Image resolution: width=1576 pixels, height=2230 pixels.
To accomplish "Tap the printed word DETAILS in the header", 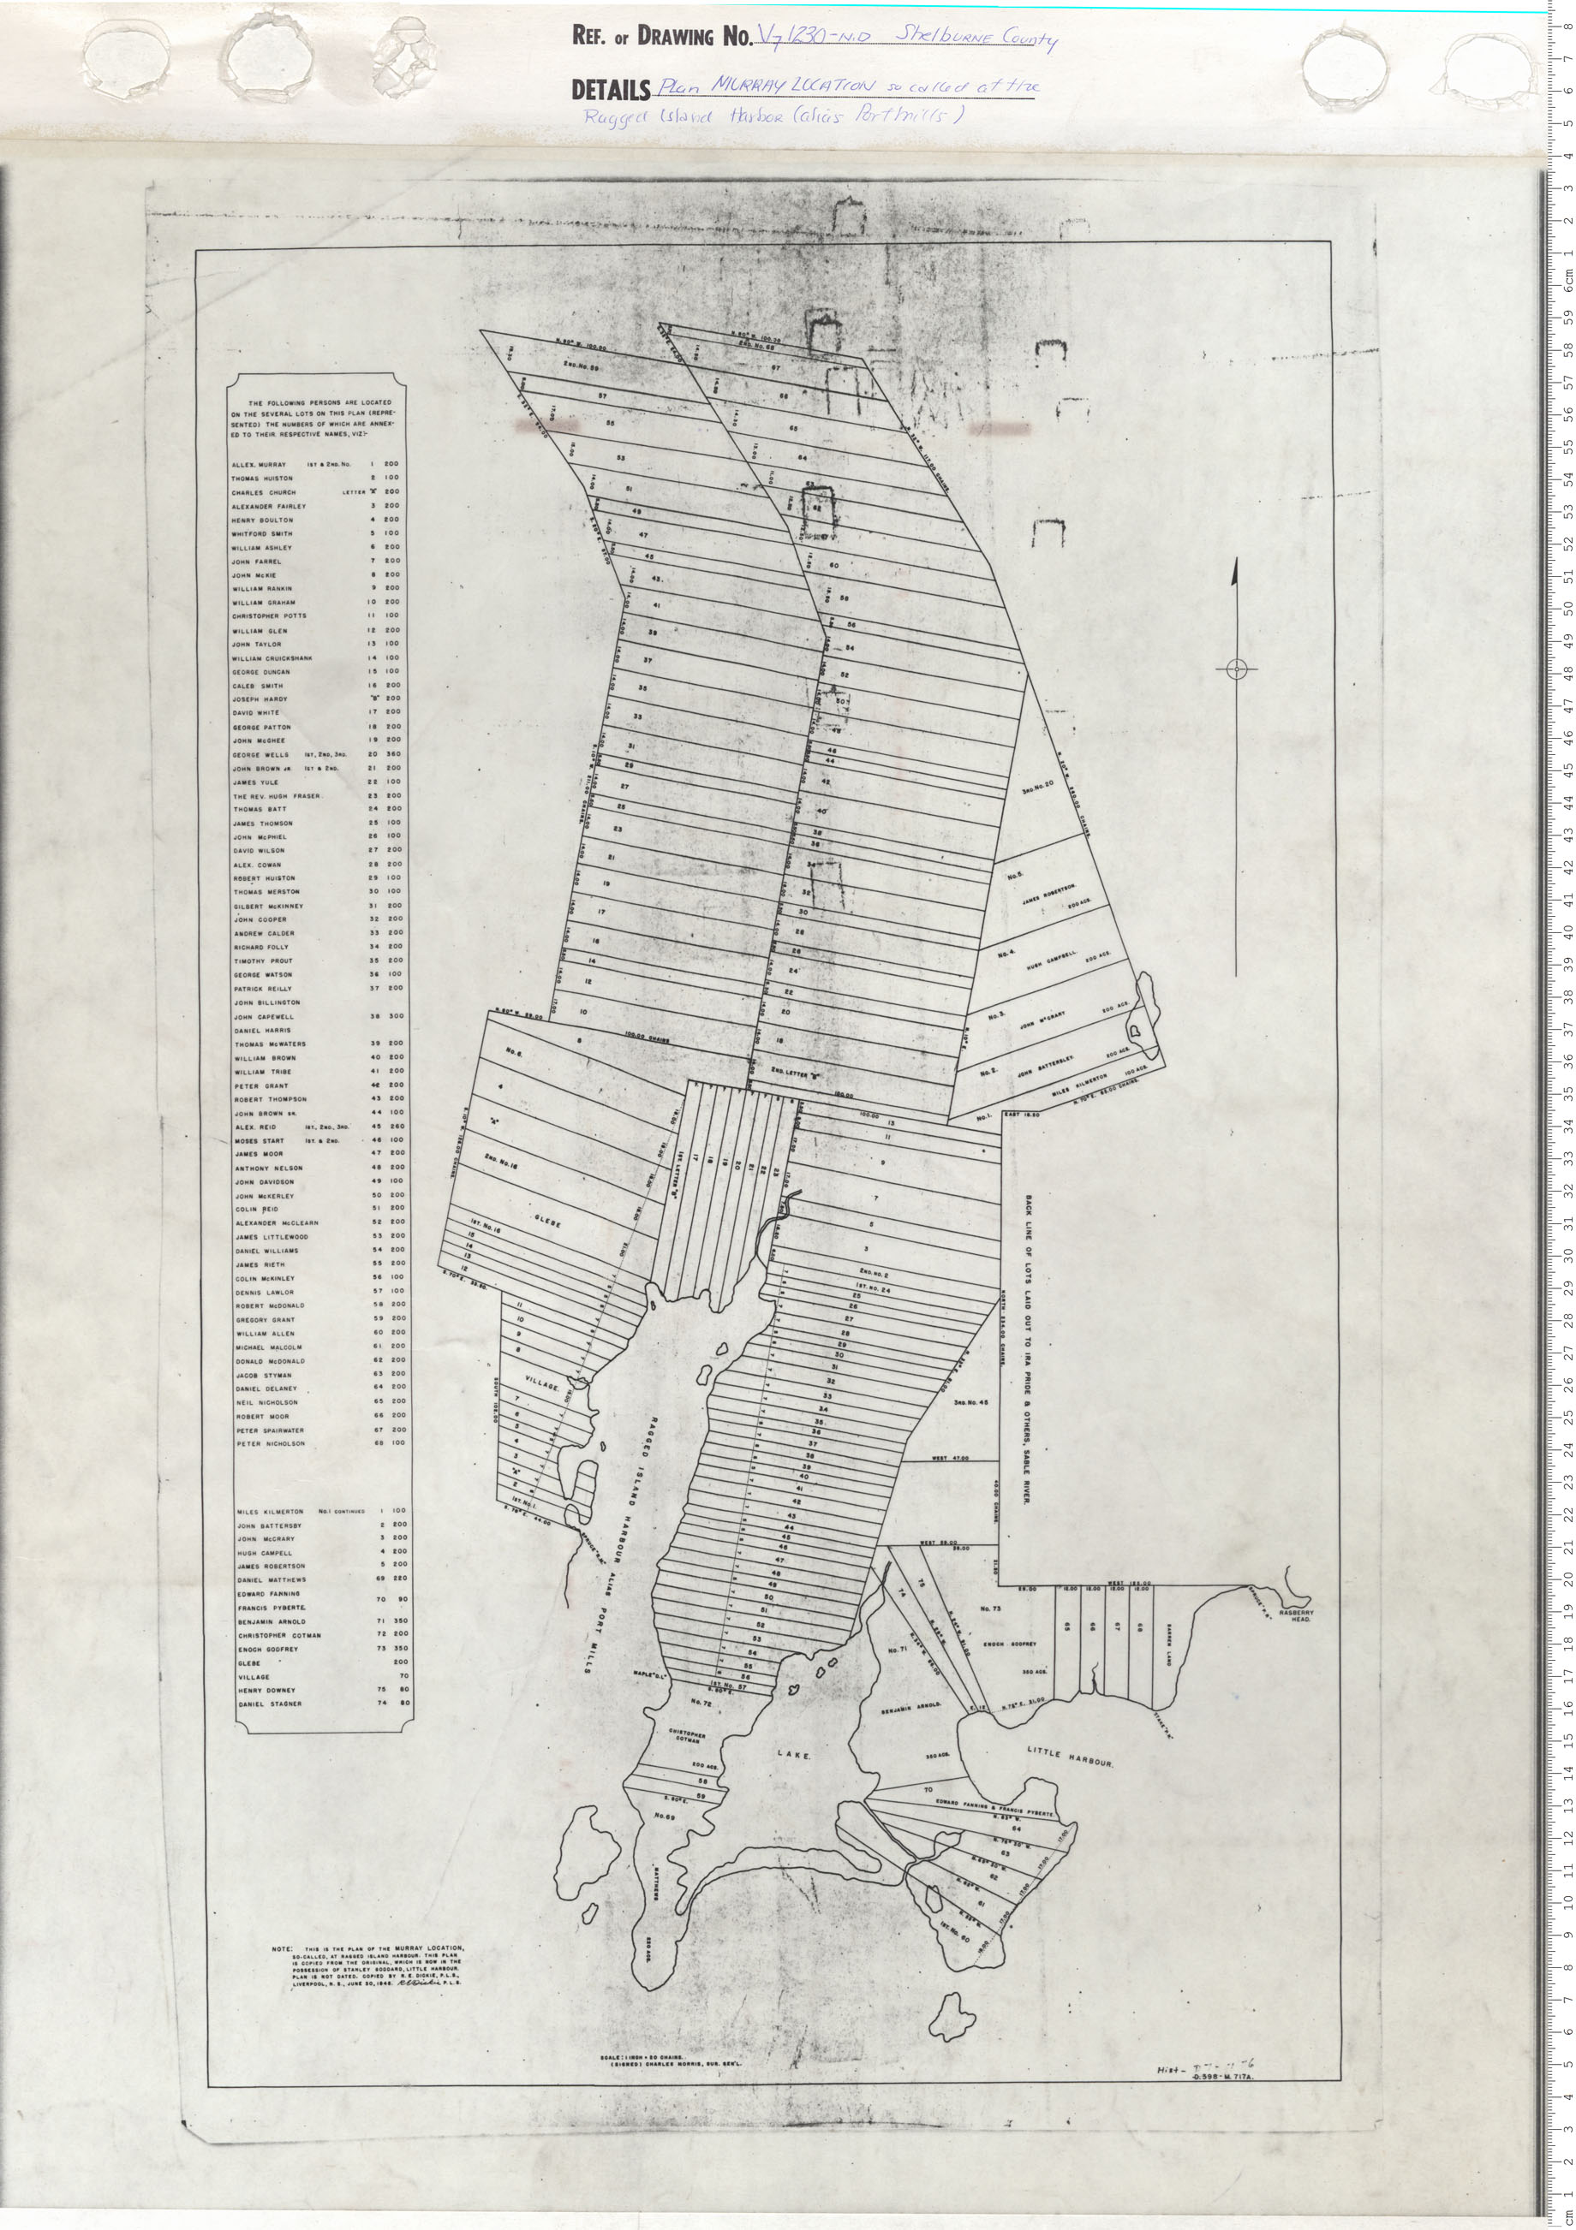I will click(610, 91).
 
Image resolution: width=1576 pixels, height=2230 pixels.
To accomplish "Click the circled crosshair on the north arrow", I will click(1235, 669).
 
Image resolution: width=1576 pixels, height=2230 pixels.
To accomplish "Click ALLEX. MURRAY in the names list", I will click(259, 465).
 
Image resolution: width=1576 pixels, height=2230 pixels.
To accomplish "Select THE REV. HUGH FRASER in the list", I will click(276, 795).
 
